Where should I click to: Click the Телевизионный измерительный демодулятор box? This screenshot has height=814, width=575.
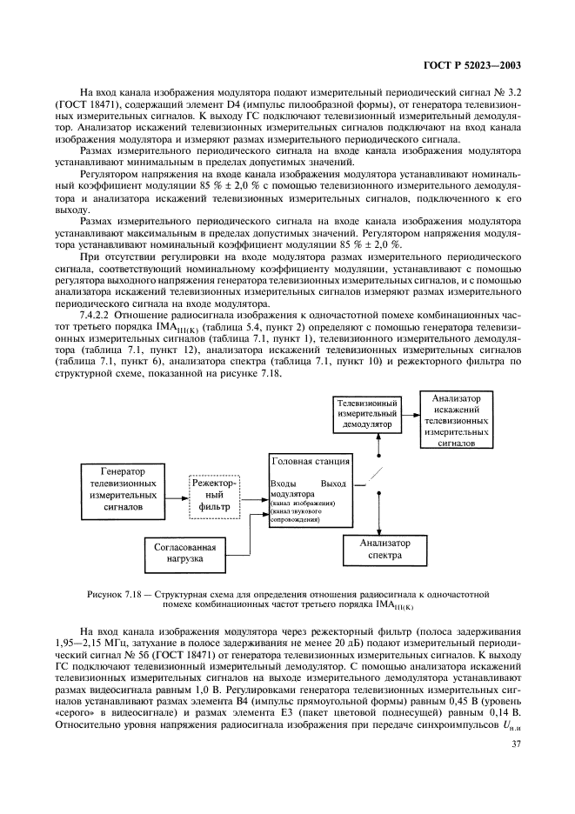[x=368, y=415]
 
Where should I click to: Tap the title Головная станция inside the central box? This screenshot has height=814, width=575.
[x=311, y=461]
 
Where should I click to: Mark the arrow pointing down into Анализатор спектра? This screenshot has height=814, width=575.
[x=379, y=526]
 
